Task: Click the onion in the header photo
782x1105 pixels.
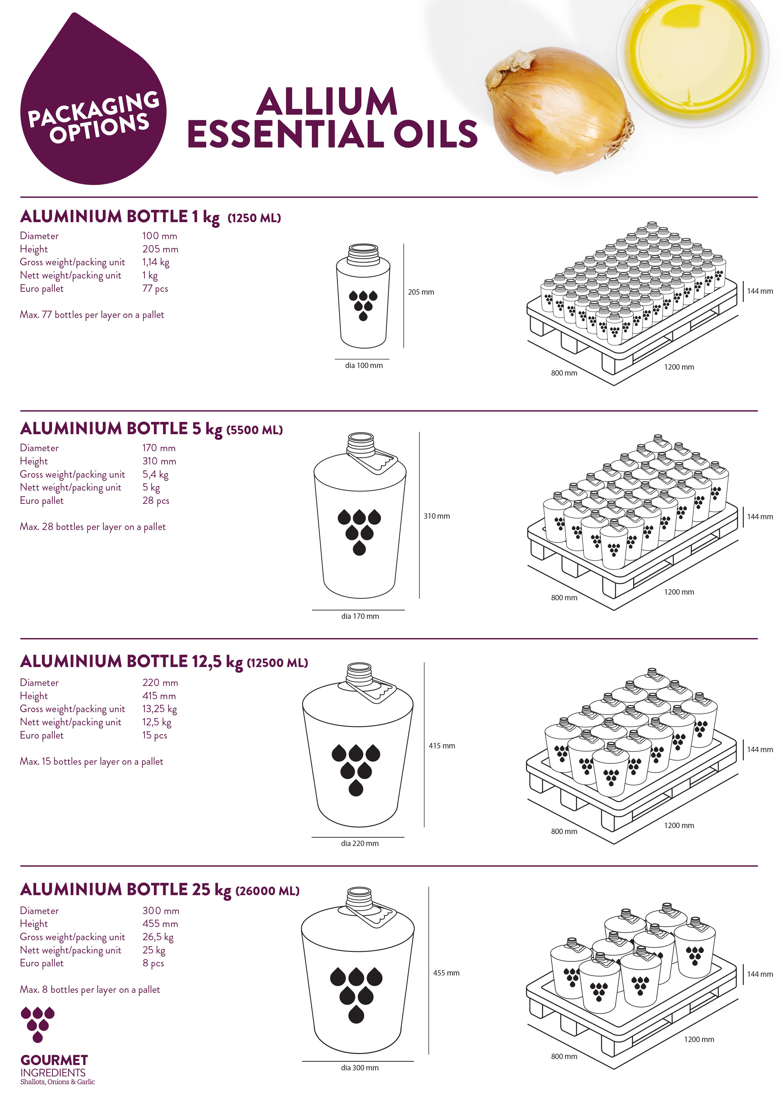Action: click(558, 110)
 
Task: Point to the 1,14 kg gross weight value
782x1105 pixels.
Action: click(155, 262)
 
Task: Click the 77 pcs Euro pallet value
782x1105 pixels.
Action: click(155, 289)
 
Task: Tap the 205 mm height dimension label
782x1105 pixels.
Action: click(421, 292)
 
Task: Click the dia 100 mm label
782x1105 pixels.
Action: click(364, 366)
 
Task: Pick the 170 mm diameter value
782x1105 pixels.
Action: click(159, 448)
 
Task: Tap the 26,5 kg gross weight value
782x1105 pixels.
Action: click(158, 937)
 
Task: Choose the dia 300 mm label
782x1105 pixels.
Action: click(360, 1068)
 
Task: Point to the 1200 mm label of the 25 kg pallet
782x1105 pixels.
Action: click(699, 1039)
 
